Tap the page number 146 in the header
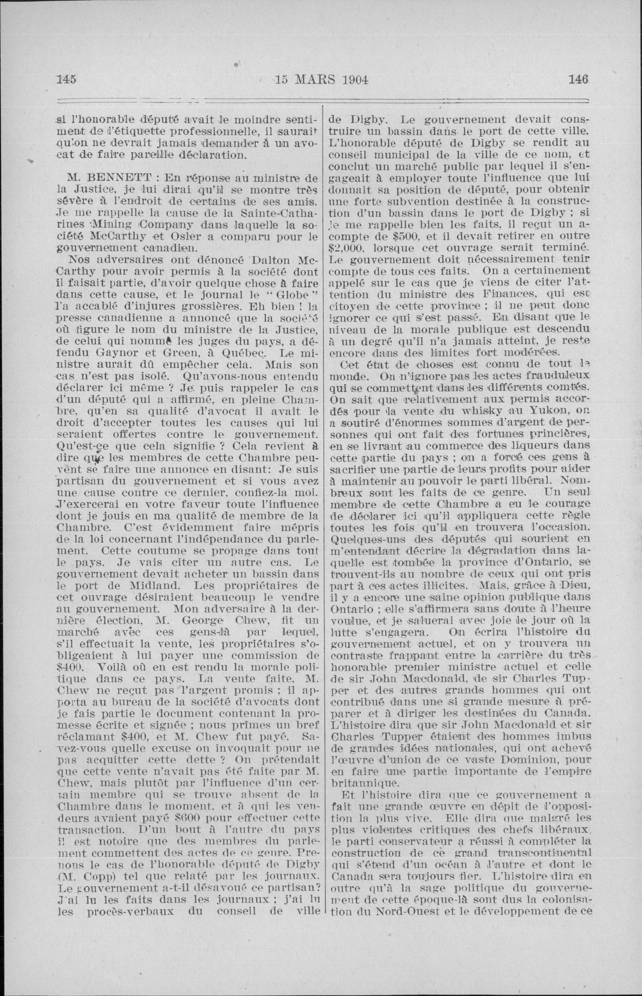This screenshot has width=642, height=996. (577, 79)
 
